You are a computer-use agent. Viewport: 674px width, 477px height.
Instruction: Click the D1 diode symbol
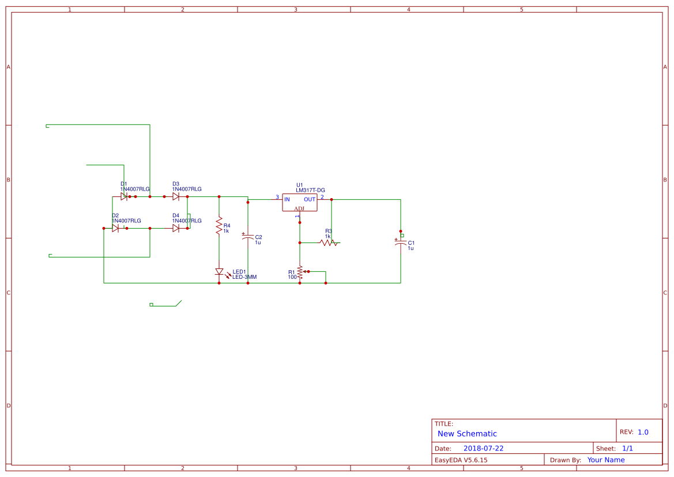(x=124, y=196)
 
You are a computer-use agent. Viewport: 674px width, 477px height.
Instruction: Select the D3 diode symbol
(x=176, y=196)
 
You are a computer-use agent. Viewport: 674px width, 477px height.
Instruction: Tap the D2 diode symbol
(x=115, y=228)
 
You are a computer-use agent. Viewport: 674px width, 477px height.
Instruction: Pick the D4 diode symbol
(x=176, y=228)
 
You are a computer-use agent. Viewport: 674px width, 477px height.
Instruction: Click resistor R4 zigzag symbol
(x=219, y=225)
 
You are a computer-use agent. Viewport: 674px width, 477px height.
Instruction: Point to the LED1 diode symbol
(x=219, y=271)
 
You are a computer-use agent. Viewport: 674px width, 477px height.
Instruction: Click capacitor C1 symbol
(x=401, y=243)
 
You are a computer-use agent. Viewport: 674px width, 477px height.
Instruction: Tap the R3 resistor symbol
(x=329, y=243)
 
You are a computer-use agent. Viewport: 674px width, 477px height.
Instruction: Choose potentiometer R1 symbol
(x=300, y=272)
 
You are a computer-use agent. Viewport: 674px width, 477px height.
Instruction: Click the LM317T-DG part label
(x=310, y=190)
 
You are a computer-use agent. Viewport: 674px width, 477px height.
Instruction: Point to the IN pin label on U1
(x=287, y=199)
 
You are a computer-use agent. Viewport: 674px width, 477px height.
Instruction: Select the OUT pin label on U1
(x=310, y=199)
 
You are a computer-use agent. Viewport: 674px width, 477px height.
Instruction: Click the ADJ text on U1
(x=300, y=209)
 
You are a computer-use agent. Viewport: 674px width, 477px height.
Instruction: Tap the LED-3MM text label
(x=244, y=277)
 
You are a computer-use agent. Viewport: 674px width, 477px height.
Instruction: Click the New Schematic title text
(x=467, y=434)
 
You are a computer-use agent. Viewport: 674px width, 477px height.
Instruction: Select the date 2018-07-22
(x=483, y=448)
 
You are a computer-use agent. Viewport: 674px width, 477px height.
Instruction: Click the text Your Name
(x=606, y=460)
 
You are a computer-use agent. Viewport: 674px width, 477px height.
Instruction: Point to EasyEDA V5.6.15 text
(x=461, y=460)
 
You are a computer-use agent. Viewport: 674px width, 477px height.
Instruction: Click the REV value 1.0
(x=643, y=432)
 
